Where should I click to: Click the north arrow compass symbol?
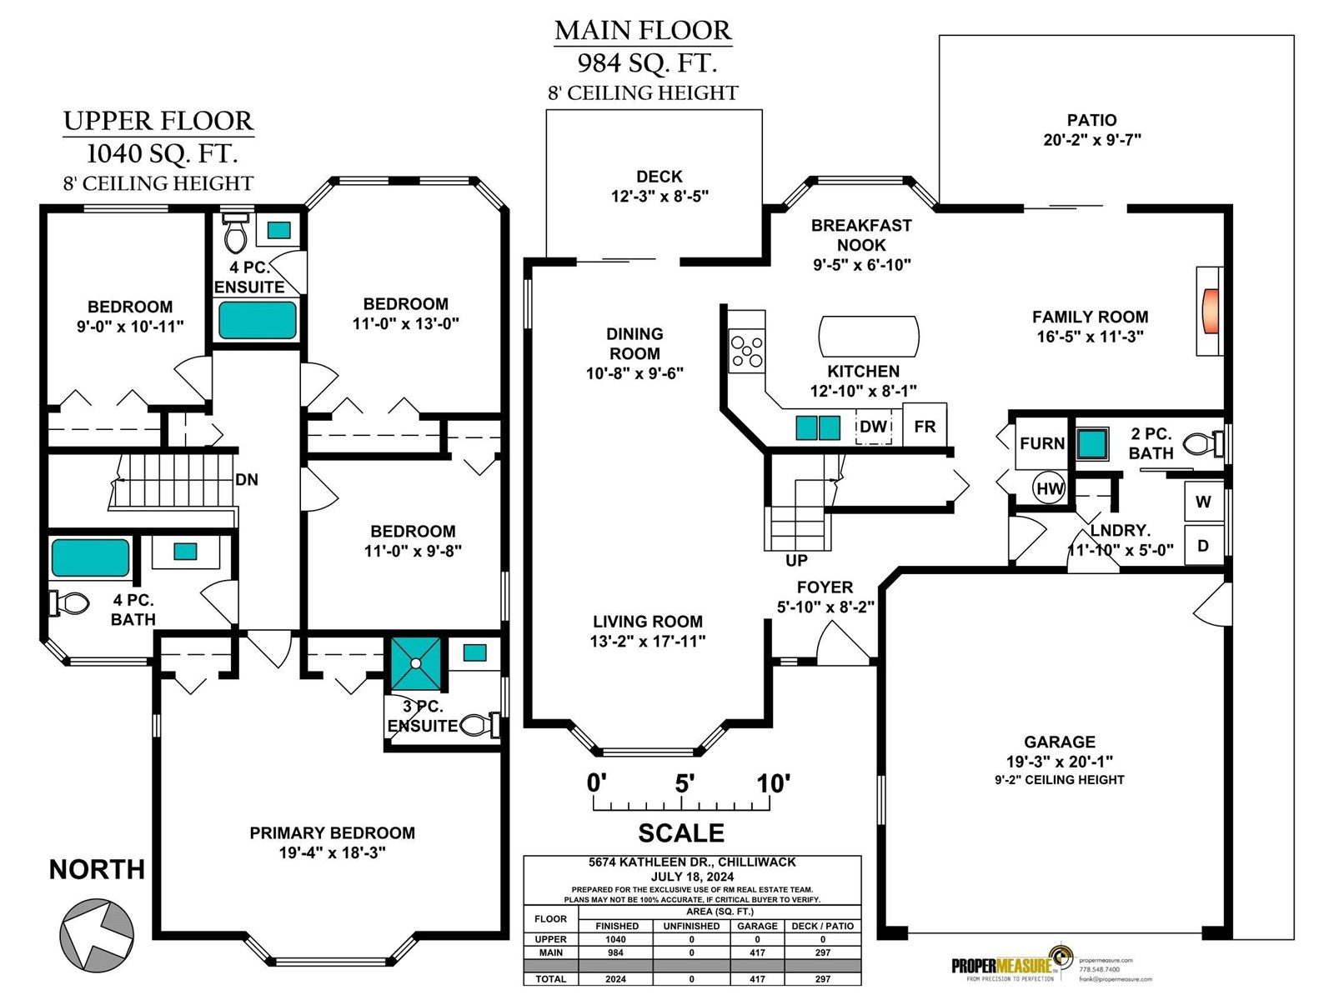click(97, 933)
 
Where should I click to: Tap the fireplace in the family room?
click(1210, 311)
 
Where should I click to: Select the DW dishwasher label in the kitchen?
click(873, 427)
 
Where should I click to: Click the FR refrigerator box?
click(925, 427)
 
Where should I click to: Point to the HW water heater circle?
click(1050, 488)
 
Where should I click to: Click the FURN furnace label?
click(1042, 443)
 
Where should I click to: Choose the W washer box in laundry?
click(1203, 502)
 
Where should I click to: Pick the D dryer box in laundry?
click(1203, 546)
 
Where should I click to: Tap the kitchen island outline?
click(869, 337)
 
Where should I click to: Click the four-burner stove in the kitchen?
click(746, 351)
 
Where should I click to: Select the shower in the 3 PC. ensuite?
click(415, 664)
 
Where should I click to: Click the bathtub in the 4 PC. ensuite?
click(258, 320)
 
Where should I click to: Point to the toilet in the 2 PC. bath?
click(1201, 444)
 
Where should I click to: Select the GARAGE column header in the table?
click(757, 926)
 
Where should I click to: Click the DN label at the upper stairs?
click(247, 480)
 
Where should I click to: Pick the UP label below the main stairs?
click(796, 561)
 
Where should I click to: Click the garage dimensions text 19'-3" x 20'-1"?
click(1059, 762)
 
